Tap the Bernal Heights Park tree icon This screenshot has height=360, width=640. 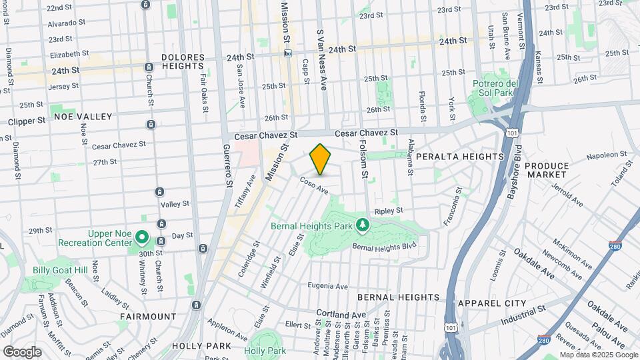362,225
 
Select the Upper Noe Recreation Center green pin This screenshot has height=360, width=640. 141,237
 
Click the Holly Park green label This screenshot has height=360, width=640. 265,351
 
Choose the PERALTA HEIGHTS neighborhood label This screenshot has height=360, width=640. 460,156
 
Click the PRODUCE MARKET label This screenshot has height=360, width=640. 547,170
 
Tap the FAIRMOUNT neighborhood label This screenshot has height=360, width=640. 148,316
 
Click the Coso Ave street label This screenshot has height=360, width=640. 314,185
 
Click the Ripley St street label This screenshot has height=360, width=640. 389,211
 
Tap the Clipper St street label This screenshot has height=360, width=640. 27,121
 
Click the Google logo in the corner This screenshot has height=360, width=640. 22,351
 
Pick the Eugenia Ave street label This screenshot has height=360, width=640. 328,286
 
